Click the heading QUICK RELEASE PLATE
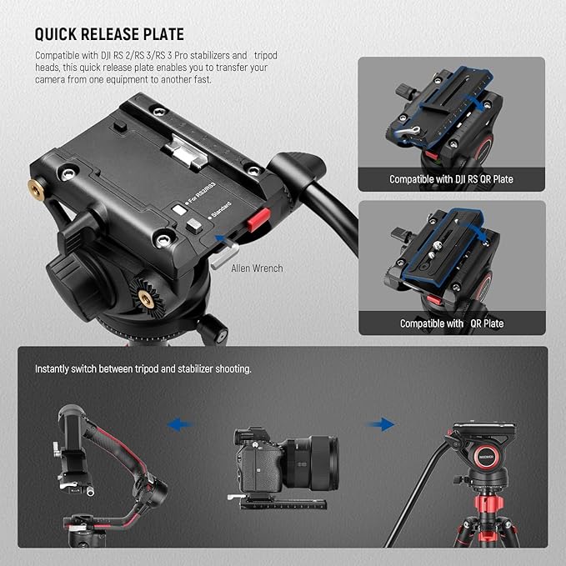[109, 34]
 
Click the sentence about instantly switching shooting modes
[143, 368]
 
